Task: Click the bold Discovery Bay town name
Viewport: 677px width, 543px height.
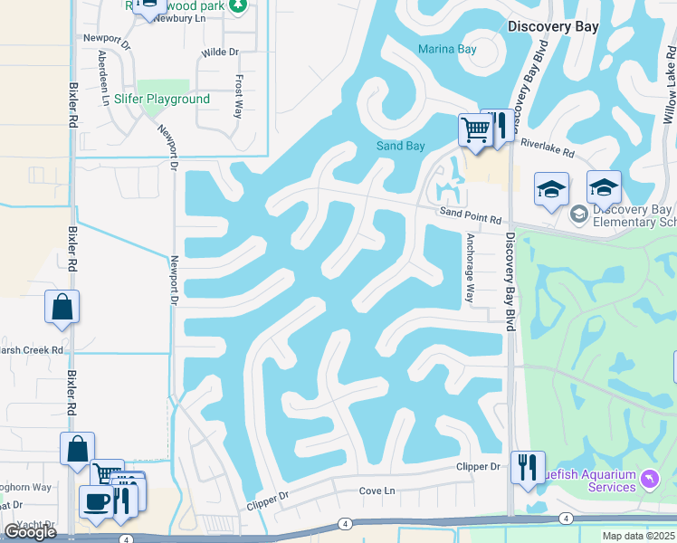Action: (x=553, y=27)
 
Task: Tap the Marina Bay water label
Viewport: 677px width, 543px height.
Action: (x=447, y=49)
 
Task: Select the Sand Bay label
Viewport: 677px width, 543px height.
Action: (x=400, y=146)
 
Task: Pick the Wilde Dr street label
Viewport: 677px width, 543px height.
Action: (x=220, y=52)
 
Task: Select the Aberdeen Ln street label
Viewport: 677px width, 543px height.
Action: (x=102, y=77)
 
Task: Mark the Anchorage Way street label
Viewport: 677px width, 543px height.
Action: (x=470, y=269)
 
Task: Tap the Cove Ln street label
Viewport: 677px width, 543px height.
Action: (x=377, y=491)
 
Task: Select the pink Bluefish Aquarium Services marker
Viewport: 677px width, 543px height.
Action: (x=649, y=478)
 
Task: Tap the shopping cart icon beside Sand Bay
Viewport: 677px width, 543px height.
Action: (x=474, y=129)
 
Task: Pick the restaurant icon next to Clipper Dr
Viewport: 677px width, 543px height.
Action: (x=528, y=466)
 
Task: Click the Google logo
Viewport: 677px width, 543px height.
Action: (x=30, y=531)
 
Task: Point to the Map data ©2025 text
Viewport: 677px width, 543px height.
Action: (x=637, y=536)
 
